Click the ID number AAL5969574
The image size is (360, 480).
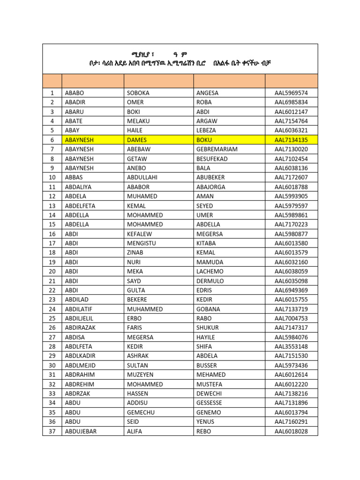[291, 93]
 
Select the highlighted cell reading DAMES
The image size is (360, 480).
[137, 140]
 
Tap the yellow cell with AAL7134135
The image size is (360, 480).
[291, 140]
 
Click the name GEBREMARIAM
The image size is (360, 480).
[217, 149]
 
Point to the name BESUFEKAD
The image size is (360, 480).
[212, 158]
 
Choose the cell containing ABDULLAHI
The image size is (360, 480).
[142, 177]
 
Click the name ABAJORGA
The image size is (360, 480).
[211, 187]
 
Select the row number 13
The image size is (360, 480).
[52, 206]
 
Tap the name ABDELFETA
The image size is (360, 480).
[80, 206]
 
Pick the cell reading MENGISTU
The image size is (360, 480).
[142, 243]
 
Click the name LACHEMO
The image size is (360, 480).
[210, 271]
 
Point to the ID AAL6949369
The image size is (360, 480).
[291, 290]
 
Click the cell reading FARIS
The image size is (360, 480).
[135, 328]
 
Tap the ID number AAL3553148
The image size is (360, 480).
[291, 346]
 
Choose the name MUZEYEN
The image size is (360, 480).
[140, 375]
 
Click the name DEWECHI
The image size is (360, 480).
[209, 394]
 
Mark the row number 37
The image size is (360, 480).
[52, 431]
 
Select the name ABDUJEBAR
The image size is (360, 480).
[81, 431]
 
